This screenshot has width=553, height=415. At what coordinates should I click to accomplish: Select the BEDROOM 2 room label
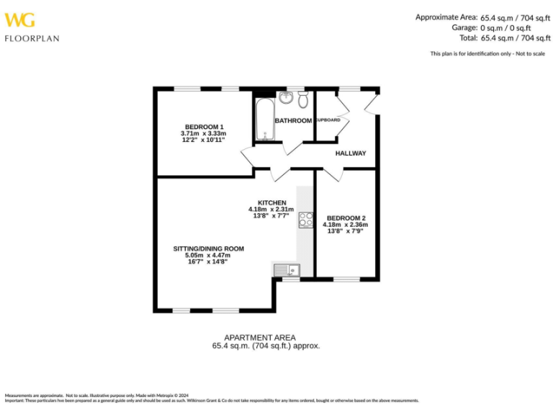coord(346,218)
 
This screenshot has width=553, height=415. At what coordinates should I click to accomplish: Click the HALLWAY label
coord(351,153)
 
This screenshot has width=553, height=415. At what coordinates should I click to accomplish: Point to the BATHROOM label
coord(292,120)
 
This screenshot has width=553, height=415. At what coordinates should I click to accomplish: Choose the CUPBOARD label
coord(328,120)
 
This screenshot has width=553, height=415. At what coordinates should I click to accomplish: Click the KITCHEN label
coord(272,202)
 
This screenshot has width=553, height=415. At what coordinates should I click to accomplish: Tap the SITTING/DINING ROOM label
coord(208,249)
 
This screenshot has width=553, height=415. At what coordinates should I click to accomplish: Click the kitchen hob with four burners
coord(306,220)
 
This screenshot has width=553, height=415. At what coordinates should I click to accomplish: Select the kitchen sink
coord(289,270)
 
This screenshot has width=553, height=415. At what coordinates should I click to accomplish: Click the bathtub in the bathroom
coord(261,119)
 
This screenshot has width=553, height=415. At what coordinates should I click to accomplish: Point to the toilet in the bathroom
coord(303,98)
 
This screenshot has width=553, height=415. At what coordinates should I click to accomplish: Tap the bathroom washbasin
coord(285,98)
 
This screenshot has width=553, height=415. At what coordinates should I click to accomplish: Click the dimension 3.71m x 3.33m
coord(203,133)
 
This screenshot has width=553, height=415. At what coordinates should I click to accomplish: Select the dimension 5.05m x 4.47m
coord(208,255)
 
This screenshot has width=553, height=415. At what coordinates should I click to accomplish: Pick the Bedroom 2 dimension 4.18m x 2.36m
coord(346,225)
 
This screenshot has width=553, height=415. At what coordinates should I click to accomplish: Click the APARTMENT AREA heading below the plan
coord(259,337)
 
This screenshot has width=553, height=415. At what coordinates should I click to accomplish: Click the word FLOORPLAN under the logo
coord(32,38)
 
